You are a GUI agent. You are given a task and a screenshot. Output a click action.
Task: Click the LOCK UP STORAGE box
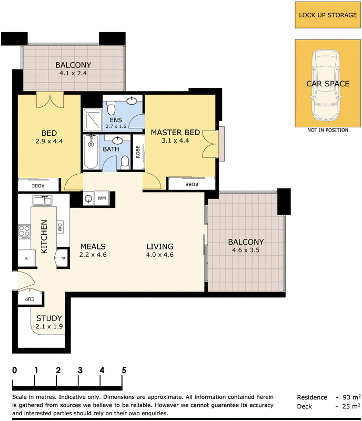(x=328, y=15)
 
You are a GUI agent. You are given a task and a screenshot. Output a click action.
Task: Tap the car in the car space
(x=326, y=85)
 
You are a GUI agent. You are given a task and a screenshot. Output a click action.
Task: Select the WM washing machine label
(x=102, y=198)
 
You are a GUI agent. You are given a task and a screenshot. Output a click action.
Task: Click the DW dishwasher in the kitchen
(x=60, y=228)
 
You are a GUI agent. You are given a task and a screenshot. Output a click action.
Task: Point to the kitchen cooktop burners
(x=24, y=232)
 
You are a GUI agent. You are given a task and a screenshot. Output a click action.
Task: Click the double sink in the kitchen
(x=43, y=201)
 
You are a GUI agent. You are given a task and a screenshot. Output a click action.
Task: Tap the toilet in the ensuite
(x=111, y=108)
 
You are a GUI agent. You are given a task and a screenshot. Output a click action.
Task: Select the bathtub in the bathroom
(x=91, y=152)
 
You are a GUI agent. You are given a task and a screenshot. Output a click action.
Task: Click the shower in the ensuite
(x=93, y=120)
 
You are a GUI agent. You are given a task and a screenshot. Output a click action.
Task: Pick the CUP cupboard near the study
(x=30, y=298)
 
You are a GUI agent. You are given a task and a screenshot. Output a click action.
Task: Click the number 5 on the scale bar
(x=124, y=370)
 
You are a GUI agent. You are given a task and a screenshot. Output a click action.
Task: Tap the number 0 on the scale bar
(x=15, y=370)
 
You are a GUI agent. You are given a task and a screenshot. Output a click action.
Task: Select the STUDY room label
(x=49, y=318)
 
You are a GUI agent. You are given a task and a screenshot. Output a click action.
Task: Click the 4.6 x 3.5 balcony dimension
(x=246, y=250)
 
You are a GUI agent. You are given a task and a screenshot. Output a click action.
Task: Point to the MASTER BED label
(x=175, y=133)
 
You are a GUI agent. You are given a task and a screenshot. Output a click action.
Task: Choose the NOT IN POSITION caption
(x=328, y=130)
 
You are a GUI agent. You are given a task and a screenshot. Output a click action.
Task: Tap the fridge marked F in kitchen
(x=27, y=258)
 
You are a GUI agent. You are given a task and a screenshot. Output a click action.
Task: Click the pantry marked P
(x=62, y=258)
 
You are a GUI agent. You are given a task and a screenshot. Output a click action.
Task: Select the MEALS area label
(x=93, y=246)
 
